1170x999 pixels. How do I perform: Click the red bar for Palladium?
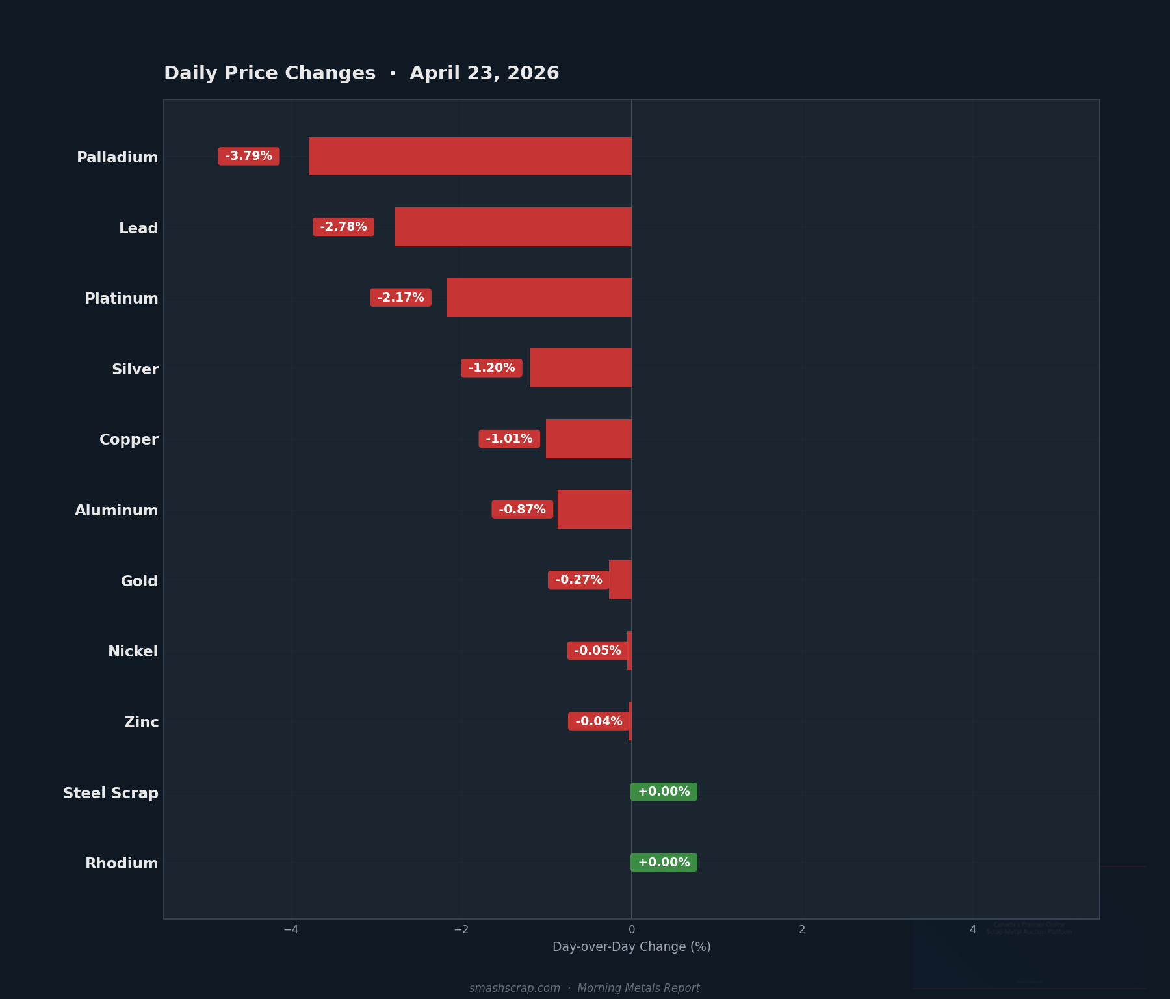point(470,156)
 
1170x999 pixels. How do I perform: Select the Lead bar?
point(513,227)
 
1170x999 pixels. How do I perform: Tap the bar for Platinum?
point(539,298)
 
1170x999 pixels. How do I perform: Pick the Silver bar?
point(580,368)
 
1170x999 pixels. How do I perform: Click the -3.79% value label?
point(249,156)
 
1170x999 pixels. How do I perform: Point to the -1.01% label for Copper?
point(509,439)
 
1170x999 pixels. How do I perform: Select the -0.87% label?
point(522,510)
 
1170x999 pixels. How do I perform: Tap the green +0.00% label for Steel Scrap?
point(664,792)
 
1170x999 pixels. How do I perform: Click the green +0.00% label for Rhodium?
point(664,863)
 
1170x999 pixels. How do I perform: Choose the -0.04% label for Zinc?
point(599,721)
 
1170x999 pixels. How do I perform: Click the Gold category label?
point(139,581)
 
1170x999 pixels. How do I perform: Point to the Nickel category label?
point(133,651)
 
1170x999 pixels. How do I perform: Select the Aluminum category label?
point(116,510)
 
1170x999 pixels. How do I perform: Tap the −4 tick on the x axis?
point(291,929)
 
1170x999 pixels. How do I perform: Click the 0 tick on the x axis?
point(632,929)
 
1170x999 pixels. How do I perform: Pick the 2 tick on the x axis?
point(802,929)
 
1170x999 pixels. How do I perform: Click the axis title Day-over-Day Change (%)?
point(631,947)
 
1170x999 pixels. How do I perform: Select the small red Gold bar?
point(620,580)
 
